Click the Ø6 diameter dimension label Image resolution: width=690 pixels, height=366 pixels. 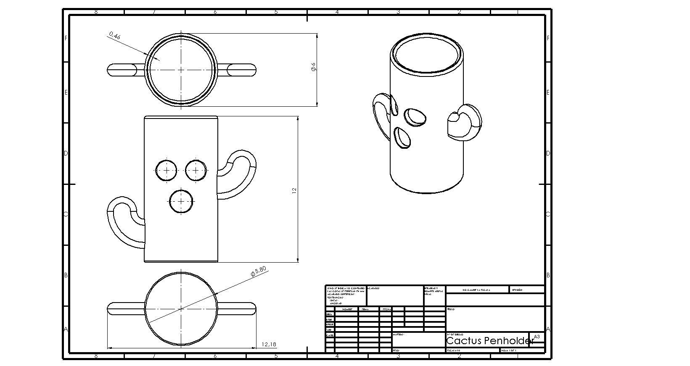pos(313,67)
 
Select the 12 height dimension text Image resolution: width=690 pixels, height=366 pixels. pos(294,190)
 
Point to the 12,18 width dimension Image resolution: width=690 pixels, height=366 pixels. pos(269,345)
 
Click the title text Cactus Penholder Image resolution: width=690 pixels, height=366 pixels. pos(489,341)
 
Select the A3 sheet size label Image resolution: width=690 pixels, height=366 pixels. pos(537,337)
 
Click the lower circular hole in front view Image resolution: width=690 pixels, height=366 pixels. pos(181,201)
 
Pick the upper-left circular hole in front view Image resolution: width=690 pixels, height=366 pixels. pos(167,170)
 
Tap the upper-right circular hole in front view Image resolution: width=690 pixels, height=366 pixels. pos(196,170)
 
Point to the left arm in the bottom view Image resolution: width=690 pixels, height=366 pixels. pos(125,309)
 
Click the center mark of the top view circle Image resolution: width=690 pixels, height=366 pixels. pos(181,70)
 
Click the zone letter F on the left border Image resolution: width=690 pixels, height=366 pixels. pos(66,38)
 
